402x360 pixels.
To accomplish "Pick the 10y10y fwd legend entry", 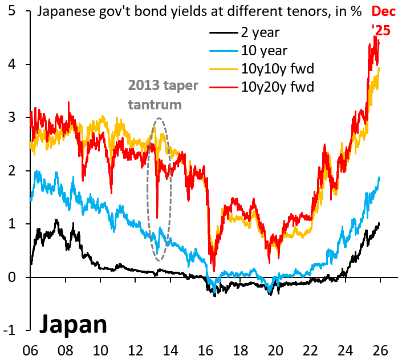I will [278, 69].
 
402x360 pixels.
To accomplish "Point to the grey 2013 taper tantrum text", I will [163, 95].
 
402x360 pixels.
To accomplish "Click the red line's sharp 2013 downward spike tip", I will [157, 218].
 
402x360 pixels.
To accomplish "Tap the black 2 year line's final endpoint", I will [379, 223].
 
